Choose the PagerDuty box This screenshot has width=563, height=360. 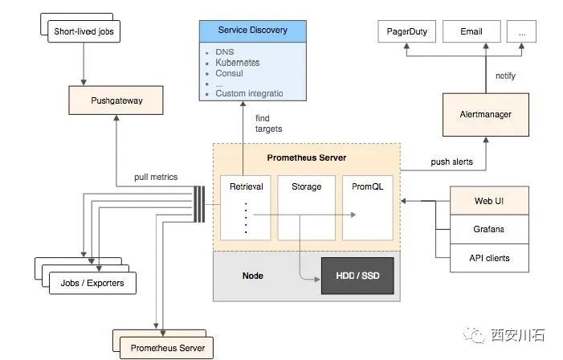point(406,32)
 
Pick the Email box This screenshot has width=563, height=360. point(471,32)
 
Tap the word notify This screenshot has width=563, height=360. point(505,76)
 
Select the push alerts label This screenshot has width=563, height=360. point(451,162)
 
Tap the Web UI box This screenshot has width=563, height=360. point(488,200)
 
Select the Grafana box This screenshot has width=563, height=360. point(488,229)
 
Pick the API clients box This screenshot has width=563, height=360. point(488,258)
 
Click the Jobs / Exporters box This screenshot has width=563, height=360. point(92,283)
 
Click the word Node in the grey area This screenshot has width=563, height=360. point(253,276)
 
